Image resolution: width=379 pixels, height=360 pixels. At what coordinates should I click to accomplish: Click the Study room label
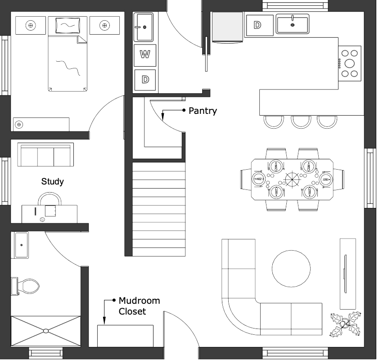(x=53, y=181)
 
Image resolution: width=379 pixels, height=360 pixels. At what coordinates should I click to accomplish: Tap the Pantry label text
(x=203, y=111)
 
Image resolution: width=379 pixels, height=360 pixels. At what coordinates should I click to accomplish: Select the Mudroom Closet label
(x=139, y=306)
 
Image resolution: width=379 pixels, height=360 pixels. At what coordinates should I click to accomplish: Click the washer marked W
(x=145, y=55)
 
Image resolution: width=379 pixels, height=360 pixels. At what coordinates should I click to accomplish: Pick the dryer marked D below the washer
(x=145, y=80)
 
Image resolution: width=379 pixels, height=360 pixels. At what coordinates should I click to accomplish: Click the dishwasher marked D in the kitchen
(x=260, y=25)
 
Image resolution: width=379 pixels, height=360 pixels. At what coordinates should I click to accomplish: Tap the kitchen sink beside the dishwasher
(x=293, y=24)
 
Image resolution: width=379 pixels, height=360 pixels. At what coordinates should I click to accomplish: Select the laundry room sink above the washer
(x=143, y=27)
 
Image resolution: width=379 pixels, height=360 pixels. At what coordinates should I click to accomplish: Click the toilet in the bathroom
(x=25, y=286)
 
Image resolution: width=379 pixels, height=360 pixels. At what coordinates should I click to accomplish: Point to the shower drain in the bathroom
(x=45, y=331)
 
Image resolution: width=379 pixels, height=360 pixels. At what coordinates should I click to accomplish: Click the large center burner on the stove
(x=349, y=63)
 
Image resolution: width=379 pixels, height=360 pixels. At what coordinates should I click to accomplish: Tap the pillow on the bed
(x=68, y=25)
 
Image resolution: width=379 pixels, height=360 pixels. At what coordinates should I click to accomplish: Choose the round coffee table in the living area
(x=291, y=269)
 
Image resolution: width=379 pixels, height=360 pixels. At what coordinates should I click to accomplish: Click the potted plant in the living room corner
(x=346, y=324)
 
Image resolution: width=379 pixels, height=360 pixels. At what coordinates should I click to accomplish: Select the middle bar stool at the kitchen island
(x=301, y=122)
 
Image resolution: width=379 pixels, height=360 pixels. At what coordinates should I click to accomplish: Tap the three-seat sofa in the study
(x=45, y=155)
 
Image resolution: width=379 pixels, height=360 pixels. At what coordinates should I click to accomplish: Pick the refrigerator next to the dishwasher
(x=227, y=27)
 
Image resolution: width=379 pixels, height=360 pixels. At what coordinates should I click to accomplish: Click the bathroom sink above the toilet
(x=21, y=245)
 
